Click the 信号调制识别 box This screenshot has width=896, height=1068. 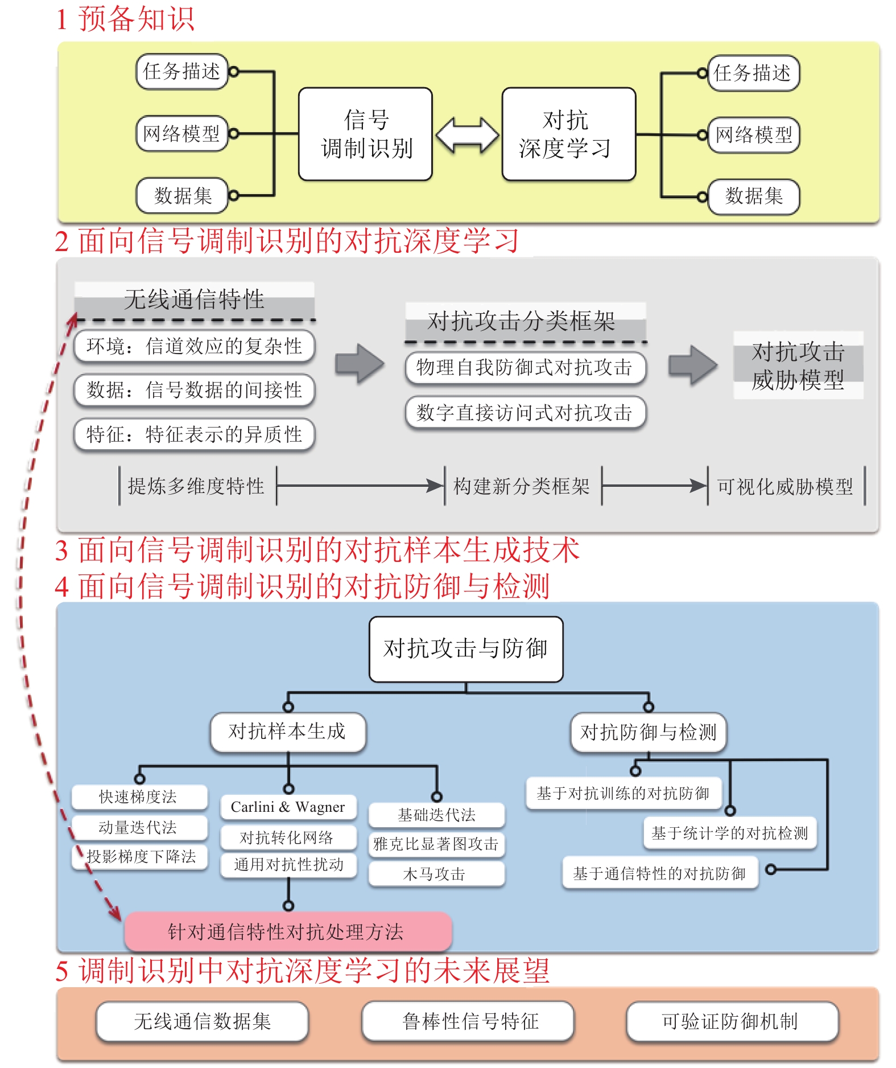click(x=365, y=134)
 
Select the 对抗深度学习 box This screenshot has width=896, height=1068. click(x=568, y=134)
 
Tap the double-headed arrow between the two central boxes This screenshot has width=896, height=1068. click(x=467, y=135)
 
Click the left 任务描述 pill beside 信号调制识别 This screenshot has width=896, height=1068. click(x=181, y=72)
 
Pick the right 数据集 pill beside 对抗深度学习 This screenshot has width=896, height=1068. click(x=753, y=196)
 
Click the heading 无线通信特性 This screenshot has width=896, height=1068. click(x=195, y=299)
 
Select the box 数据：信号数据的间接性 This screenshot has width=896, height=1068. click(x=194, y=390)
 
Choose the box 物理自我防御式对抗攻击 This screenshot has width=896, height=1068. click(x=525, y=367)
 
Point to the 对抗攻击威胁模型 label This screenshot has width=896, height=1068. click(x=798, y=365)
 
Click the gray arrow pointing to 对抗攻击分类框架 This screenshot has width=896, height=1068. click(x=359, y=363)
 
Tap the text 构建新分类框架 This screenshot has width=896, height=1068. click(x=522, y=486)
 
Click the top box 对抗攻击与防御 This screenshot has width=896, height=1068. click(x=465, y=649)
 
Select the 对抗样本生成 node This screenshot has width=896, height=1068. click(x=287, y=732)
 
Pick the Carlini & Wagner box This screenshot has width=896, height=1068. click(x=288, y=807)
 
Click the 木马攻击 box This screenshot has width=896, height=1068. click(x=435, y=874)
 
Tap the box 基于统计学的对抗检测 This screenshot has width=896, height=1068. click(x=729, y=833)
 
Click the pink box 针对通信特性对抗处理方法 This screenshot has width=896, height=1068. click(x=287, y=931)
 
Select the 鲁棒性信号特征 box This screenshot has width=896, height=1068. click(x=469, y=1021)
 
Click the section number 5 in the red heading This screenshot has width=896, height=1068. click(x=62, y=971)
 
